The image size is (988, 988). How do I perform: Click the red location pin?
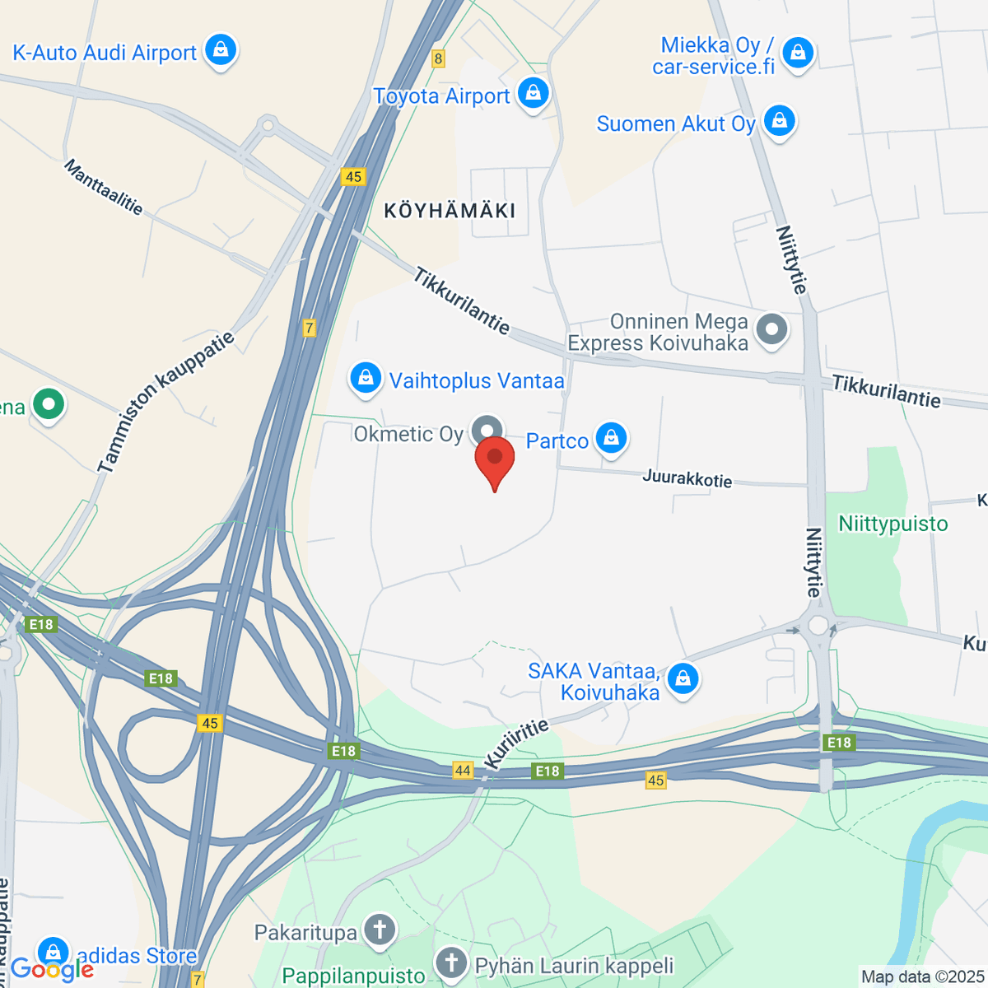coord(495,458)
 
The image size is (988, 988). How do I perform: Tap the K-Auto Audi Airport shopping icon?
coord(220,51)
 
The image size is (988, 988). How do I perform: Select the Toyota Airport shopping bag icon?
coord(534,94)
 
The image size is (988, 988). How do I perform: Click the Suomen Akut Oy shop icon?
coord(779,122)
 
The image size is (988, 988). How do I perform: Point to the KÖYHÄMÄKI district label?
coord(450,211)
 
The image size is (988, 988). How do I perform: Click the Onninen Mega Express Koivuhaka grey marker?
coord(771,330)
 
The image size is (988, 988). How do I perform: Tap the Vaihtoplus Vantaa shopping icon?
coord(365,379)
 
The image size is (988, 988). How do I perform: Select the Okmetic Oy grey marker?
coord(487,431)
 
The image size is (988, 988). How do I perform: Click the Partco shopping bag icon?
coord(611,438)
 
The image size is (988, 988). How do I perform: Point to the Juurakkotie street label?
coord(687,478)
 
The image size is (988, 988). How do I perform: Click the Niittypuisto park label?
coord(892,524)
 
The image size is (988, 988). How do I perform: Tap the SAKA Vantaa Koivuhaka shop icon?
coord(683,679)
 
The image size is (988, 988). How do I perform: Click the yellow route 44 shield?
coord(463,771)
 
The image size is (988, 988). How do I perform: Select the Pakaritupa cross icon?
coord(380,930)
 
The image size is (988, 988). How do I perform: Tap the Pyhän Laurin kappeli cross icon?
coord(451,963)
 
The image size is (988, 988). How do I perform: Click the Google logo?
coord(51,970)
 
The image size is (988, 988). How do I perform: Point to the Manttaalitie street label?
coord(104,188)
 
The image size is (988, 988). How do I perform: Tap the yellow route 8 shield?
coord(438,58)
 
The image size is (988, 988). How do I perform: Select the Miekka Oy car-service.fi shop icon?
coord(796,54)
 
